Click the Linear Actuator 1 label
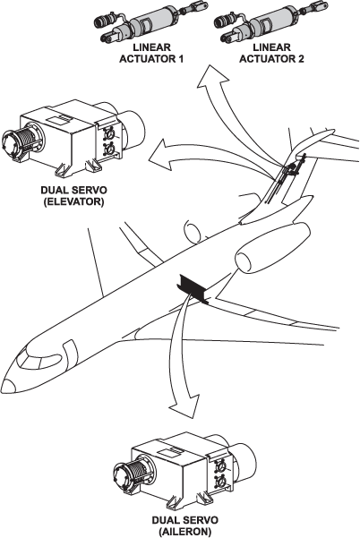point(151,53)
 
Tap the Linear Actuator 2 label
point(271,53)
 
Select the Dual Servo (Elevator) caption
point(73,195)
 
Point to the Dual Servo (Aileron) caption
point(185,525)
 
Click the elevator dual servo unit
point(73,139)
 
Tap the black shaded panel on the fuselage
point(192,288)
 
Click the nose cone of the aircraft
point(9,387)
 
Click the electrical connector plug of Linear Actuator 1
point(105,21)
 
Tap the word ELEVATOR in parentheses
point(73,201)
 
